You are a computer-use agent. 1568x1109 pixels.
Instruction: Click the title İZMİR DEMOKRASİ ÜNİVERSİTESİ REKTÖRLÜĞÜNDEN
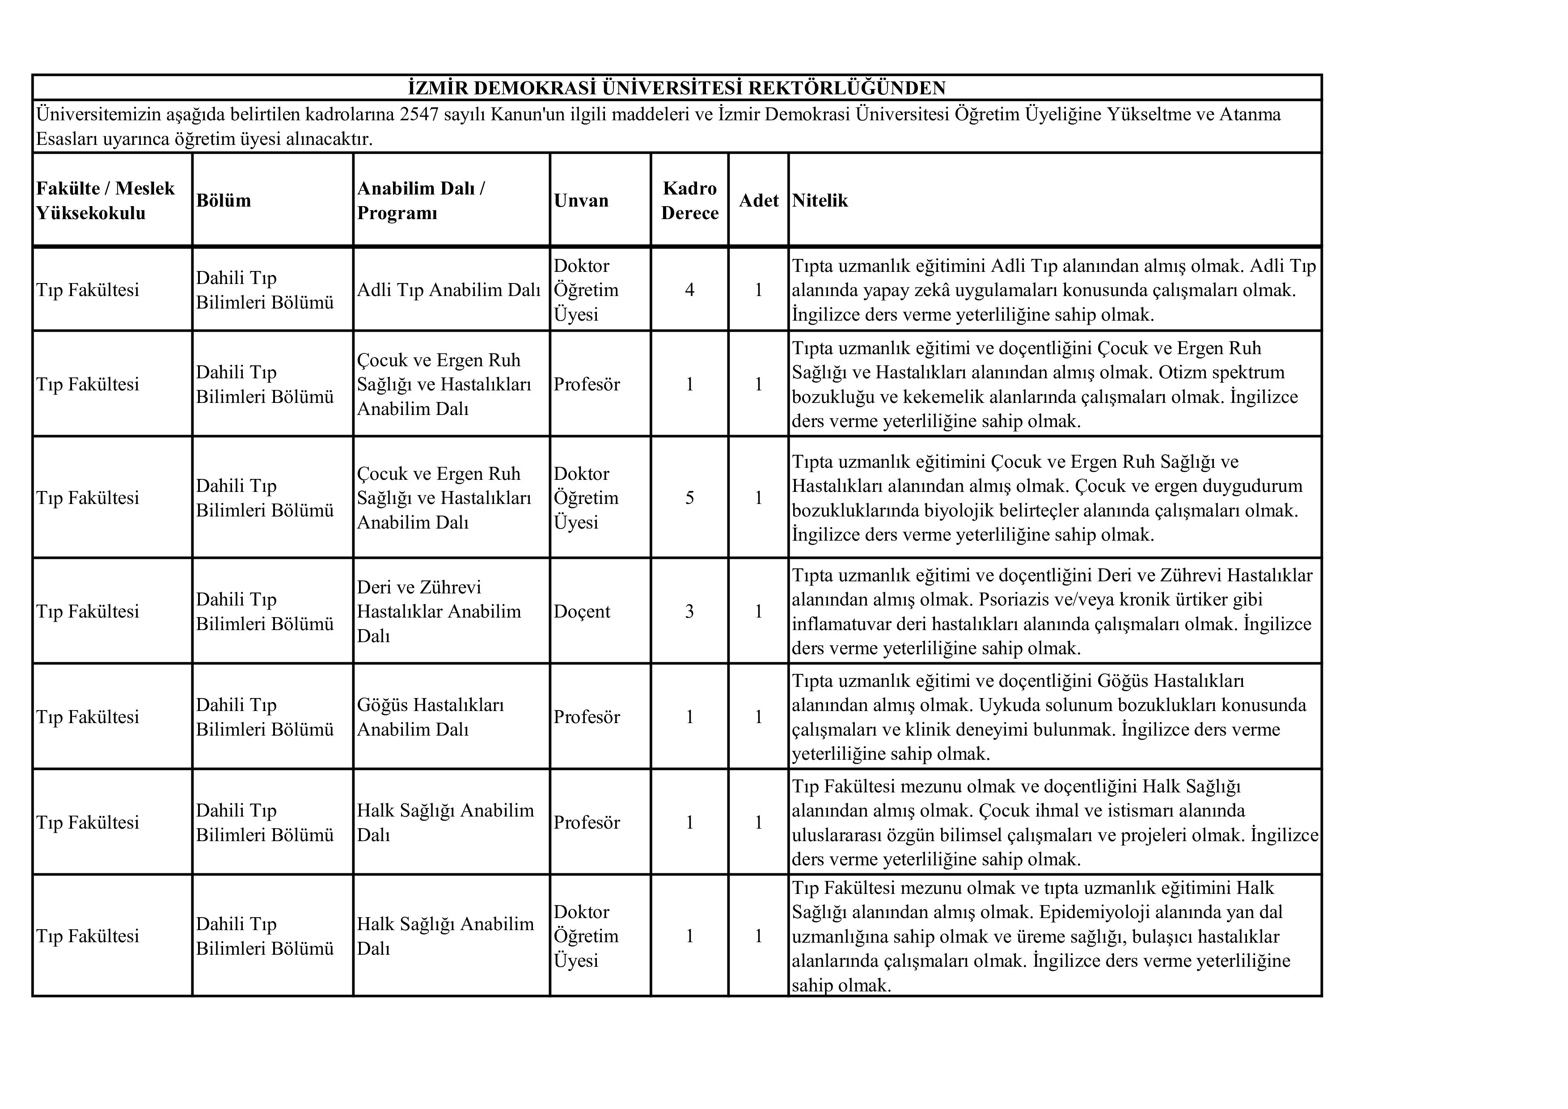coord(676,88)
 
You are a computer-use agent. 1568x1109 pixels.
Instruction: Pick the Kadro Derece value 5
coord(690,498)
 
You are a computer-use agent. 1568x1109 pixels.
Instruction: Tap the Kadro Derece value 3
coord(690,611)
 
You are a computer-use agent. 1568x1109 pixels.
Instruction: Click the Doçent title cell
coord(582,611)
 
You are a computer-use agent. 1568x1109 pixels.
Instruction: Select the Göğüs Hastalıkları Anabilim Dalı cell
coord(430,717)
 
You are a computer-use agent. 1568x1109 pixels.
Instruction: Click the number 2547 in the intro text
coord(419,114)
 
